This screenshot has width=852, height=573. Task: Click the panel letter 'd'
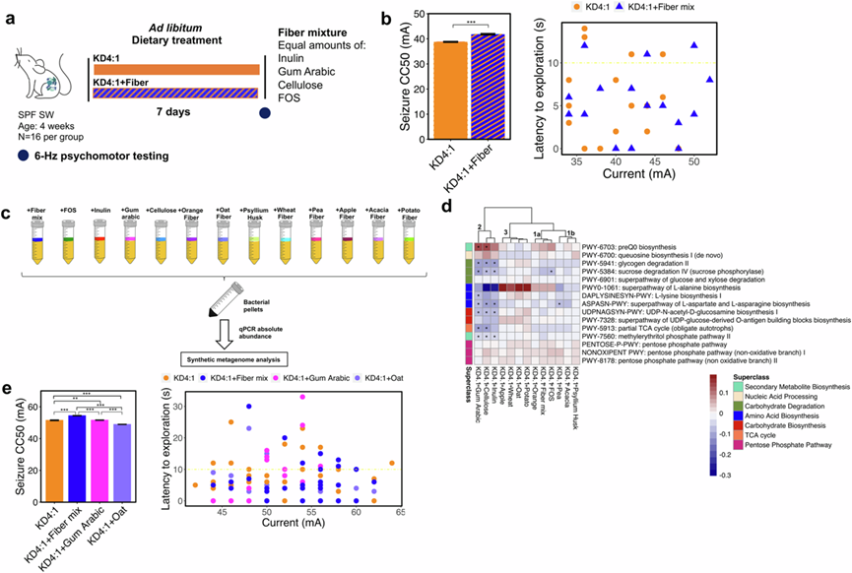(x=448, y=208)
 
